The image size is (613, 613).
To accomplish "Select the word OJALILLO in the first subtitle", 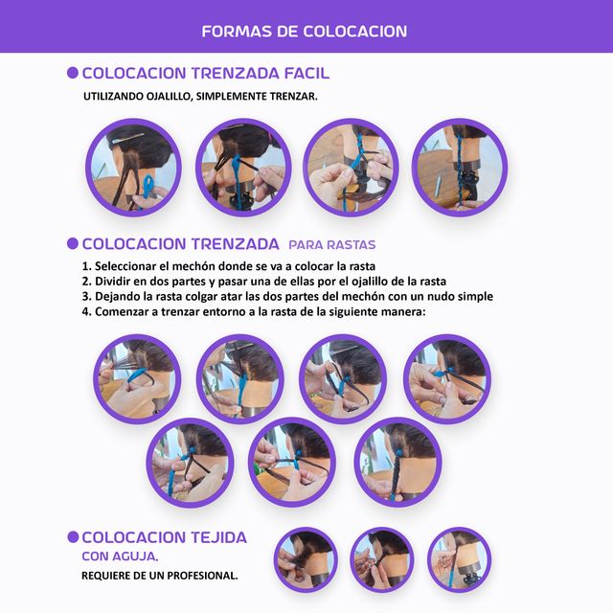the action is click(169, 96).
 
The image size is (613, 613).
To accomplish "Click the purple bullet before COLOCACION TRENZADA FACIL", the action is click(73, 73).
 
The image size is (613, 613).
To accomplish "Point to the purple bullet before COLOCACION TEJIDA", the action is click(73, 536).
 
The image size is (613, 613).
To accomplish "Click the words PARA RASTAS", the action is click(332, 245).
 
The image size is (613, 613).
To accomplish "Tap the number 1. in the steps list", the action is click(87, 266).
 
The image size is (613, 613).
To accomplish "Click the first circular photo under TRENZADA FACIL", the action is click(134, 168).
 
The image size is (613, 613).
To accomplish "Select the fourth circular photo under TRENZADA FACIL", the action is click(460, 168).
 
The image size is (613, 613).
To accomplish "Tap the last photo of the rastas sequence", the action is click(398, 463).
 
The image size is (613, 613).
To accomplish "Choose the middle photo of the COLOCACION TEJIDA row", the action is click(382, 559).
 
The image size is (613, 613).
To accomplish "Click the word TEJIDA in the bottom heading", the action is click(218, 537).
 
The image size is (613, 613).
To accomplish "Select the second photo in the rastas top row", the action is click(240, 379).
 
